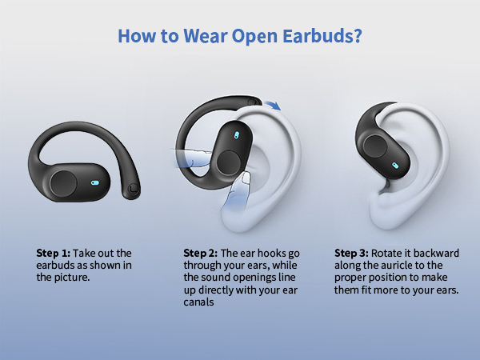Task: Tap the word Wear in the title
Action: point(210,37)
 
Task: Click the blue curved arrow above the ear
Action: point(274,105)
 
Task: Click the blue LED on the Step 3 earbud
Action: point(395,166)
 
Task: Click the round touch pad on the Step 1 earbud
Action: point(63,182)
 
